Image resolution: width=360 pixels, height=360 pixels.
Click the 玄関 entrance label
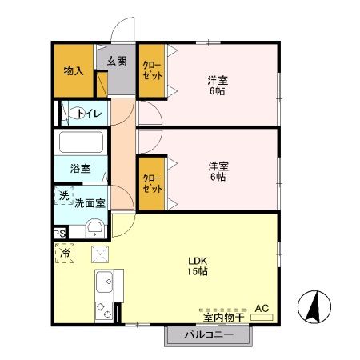coord(116,61)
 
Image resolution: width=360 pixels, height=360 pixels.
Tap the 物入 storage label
coord(74,71)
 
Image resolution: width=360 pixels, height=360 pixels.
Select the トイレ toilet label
coord(89,114)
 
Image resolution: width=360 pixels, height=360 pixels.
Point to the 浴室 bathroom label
coord(80,169)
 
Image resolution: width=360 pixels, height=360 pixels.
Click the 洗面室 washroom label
coord(90,198)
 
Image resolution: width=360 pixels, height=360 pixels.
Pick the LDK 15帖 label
coord(198,266)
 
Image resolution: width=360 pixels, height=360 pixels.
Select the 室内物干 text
coord(218,317)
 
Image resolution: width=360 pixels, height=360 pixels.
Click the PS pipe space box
coord(59,233)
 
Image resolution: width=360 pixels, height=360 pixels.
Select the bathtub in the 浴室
coord(82,145)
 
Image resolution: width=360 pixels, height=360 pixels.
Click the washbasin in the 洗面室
coord(94,227)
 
